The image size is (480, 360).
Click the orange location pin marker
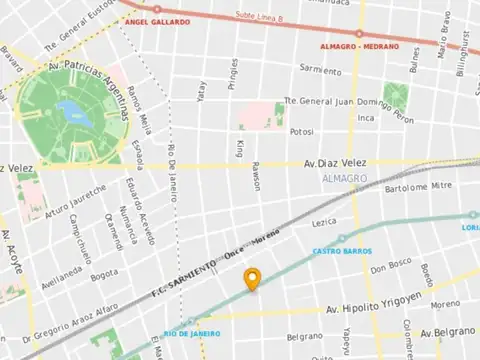(x=253, y=281)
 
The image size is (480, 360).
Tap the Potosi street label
(x=302, y=132)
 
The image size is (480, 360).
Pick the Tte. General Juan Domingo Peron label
(x=333, y=100)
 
